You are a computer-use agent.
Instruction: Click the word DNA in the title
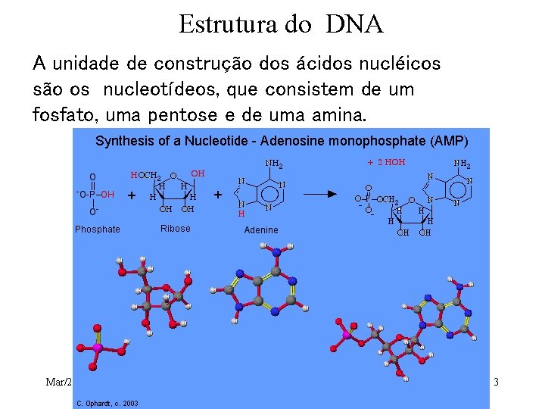[356, 25]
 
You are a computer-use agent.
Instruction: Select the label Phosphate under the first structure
[97, 229]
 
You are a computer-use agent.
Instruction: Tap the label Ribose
[176, 229]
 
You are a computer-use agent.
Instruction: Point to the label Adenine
[261, 230]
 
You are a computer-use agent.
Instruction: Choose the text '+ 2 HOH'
[386, 163]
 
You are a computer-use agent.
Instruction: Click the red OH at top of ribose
[198, 174]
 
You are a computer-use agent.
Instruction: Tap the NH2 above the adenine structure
[273, 163]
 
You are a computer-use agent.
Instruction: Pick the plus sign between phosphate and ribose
[132, 195]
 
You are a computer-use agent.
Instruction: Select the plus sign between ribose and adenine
[218, 195]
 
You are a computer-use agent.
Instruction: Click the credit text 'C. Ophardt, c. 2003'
[106, 402]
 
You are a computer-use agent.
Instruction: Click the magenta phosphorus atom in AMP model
[347, 334]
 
